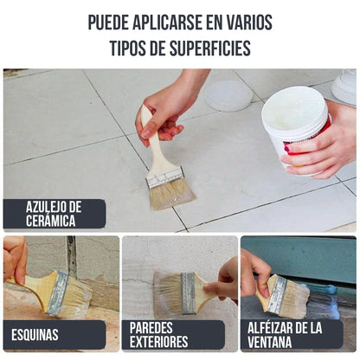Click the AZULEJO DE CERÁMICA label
(54, 213)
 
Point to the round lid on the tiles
(228, 95)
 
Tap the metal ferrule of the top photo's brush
(165, 177)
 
